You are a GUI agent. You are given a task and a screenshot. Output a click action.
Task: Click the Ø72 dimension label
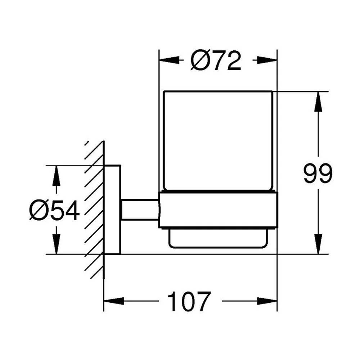click(x=216, y=60)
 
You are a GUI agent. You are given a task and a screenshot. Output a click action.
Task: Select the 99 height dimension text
click(x=318, y=174)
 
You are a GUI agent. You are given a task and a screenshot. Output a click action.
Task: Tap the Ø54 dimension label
click(x=54, y=210)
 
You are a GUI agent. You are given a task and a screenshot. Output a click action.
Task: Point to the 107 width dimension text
click(x=189, y=301)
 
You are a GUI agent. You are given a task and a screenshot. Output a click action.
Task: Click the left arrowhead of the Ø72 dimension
click(x=169, y=60)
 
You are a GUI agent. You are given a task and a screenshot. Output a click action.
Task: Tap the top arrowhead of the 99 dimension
click(x=318, y=102)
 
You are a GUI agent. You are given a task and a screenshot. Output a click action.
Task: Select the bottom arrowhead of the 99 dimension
click(x=318, y=244)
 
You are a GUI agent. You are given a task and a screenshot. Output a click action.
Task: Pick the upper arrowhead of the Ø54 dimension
click(x=56, y=176)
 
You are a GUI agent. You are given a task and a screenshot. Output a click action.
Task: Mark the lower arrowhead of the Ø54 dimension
click(x=56, y=244)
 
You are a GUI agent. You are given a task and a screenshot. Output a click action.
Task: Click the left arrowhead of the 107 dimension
click(x=114, y=301)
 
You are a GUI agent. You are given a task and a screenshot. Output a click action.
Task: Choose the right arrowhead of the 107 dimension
click(x=267, y=301)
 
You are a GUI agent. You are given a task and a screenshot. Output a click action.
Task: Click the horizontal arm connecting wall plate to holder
click(x=140, y=210)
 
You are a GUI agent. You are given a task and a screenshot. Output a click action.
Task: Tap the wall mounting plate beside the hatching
click(x=112, y=210)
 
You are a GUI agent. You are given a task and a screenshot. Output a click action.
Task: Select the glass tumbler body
click(x=218, y=141)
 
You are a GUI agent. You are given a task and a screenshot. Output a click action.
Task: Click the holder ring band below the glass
click(x=218, y=210)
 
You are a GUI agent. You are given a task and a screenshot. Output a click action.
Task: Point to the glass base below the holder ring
click(x=218, y=238)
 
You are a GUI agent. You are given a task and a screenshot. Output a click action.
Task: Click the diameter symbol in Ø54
click(x=38, y=210)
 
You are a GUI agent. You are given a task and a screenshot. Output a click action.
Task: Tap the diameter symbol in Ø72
click(x=199, y=60)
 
